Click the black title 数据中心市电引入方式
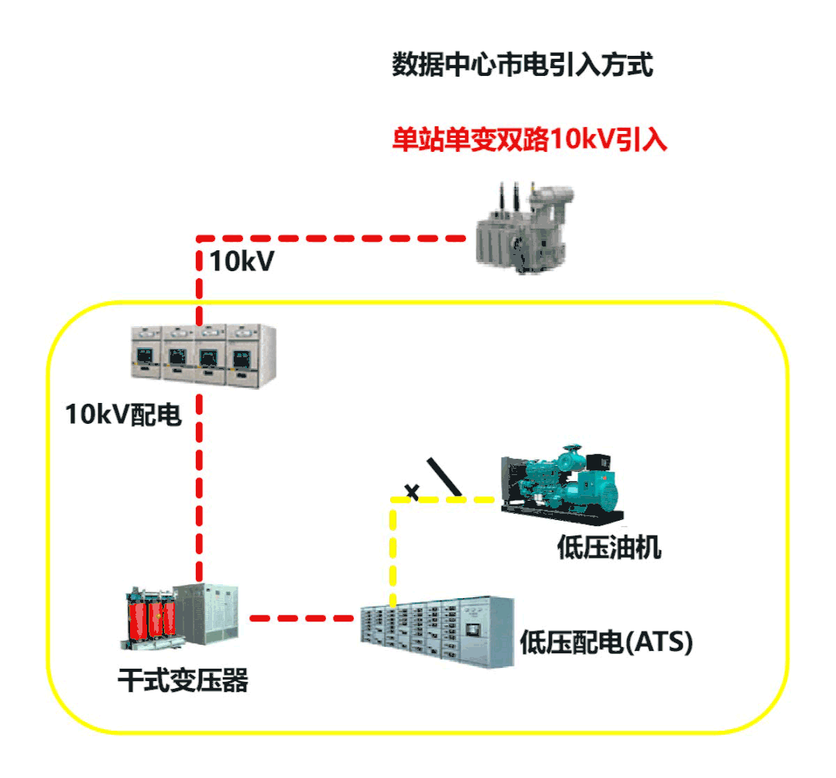[x=523, y=65]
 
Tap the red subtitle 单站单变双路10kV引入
[x=529, y=140]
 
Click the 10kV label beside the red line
[x=242, y=262]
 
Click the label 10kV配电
[x=124, y=416]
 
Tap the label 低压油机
[x=610, y=548]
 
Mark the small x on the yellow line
[x=413, y=491]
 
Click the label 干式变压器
[x=183, y=682]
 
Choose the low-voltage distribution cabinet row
[x=437, y=632]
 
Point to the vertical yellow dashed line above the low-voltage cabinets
[x=393, y=550]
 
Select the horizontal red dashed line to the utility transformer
[x=333, y=237]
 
